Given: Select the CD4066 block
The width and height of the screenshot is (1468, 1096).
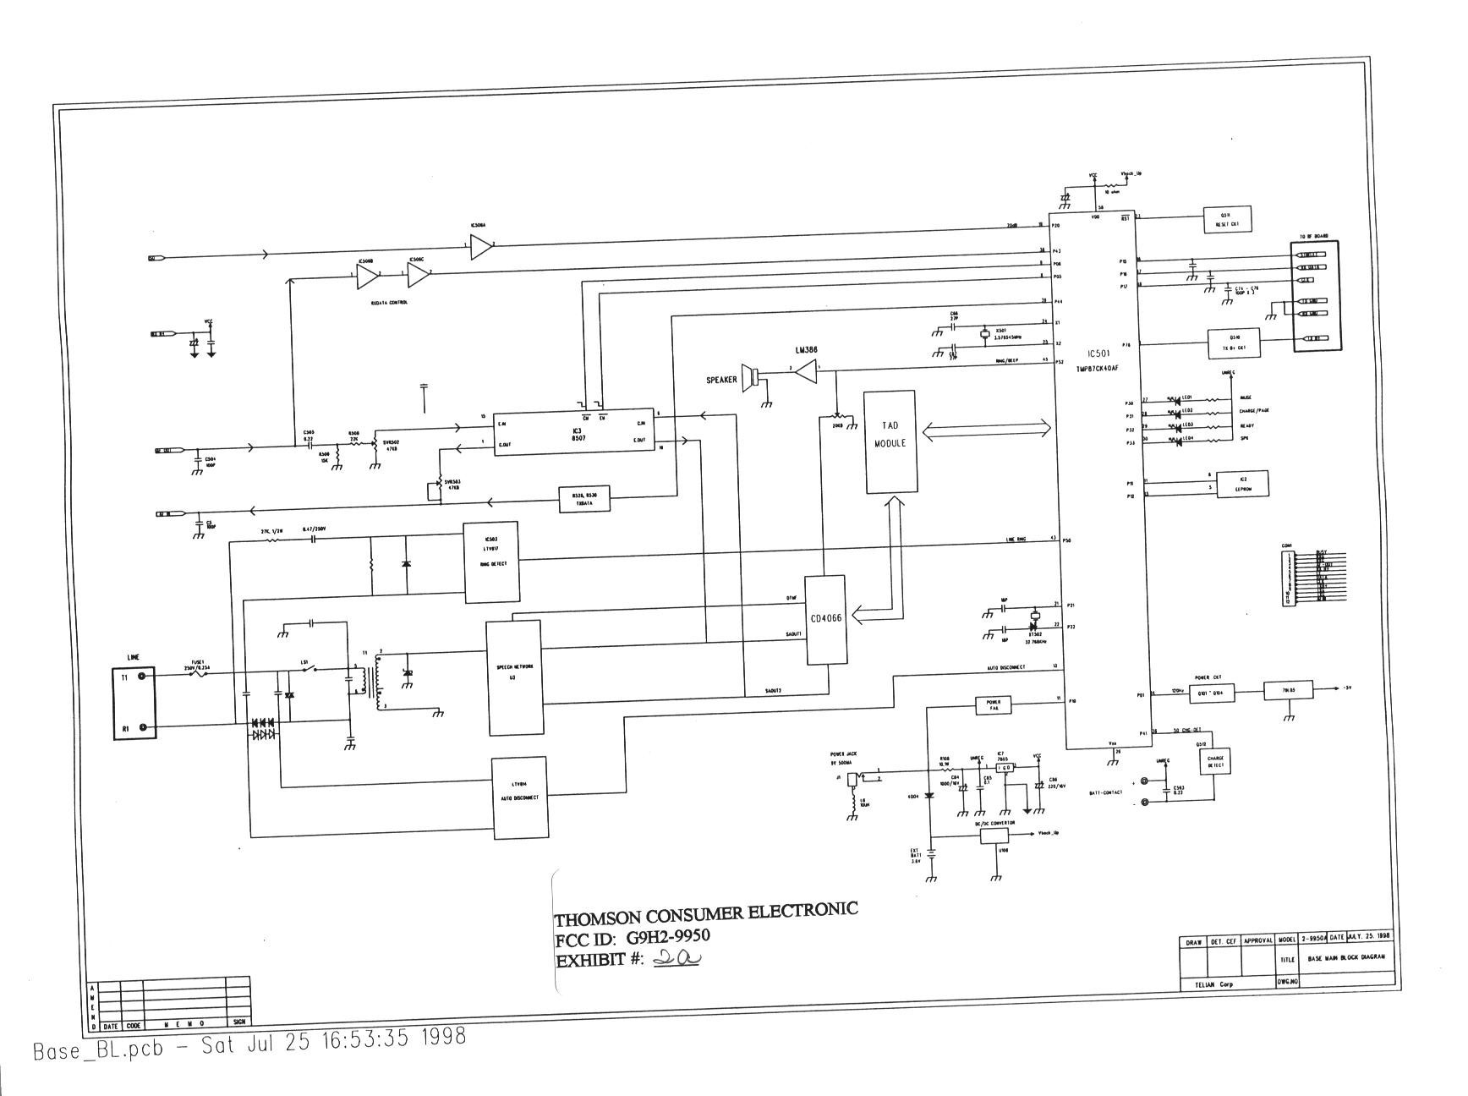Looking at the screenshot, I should coord(825,619).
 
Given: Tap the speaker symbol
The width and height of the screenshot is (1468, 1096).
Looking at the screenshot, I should coord(751,377).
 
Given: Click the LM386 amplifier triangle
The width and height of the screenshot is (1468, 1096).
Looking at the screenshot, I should coord(806,370).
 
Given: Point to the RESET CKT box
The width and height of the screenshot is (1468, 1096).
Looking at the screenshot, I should coord(1226,221).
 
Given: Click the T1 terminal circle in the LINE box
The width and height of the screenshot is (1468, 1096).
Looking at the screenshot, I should coord(142,676).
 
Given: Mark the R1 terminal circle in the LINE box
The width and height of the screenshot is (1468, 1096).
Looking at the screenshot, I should coord(142,726).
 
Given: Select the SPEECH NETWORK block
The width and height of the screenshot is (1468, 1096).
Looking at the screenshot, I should coord(513,677).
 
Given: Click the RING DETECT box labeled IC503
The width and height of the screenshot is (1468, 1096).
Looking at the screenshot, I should coord(490,562).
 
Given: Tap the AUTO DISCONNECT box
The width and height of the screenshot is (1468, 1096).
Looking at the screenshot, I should coord(519,797).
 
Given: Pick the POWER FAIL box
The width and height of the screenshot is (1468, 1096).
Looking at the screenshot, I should coord(993,704).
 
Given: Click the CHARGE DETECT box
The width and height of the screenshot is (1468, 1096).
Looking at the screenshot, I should coord(1215,761).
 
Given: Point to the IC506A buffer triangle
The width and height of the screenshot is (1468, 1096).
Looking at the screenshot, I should coord(480,246).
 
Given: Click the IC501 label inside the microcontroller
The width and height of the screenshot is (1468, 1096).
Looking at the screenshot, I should coord(1097,354).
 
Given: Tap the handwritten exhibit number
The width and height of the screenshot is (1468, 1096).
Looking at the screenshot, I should coord(676,958).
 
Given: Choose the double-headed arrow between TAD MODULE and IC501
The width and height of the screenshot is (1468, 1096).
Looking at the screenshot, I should coord(986,430).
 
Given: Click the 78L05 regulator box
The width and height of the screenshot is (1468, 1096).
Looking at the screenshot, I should coord(1288,691).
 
